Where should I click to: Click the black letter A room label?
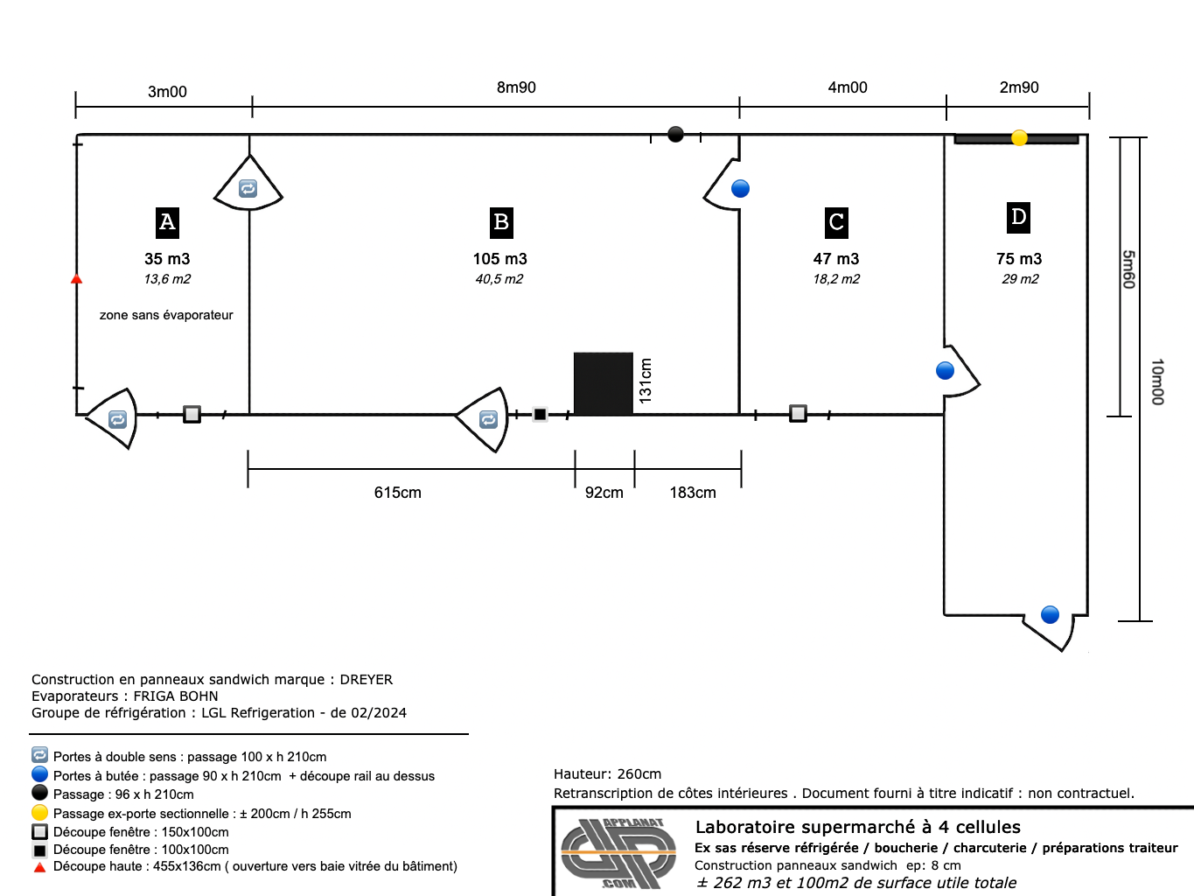167,222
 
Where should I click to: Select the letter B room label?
501,222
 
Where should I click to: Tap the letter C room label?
836,222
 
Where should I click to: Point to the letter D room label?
1018,218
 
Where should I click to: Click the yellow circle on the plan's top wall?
1019,137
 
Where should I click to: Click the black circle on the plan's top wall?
675,134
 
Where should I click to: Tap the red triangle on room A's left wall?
77,279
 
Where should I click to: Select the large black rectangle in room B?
604,383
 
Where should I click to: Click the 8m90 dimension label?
516,87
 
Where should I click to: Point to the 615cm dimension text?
398,493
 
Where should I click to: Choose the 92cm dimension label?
604,493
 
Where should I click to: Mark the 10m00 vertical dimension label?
1157,381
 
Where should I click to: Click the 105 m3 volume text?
499,258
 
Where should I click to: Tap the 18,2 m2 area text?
836,279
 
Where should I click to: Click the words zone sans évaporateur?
166,315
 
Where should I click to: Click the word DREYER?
367,680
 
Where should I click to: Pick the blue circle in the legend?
39,774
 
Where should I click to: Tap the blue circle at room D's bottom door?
1050,615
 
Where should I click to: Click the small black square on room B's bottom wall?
540,415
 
